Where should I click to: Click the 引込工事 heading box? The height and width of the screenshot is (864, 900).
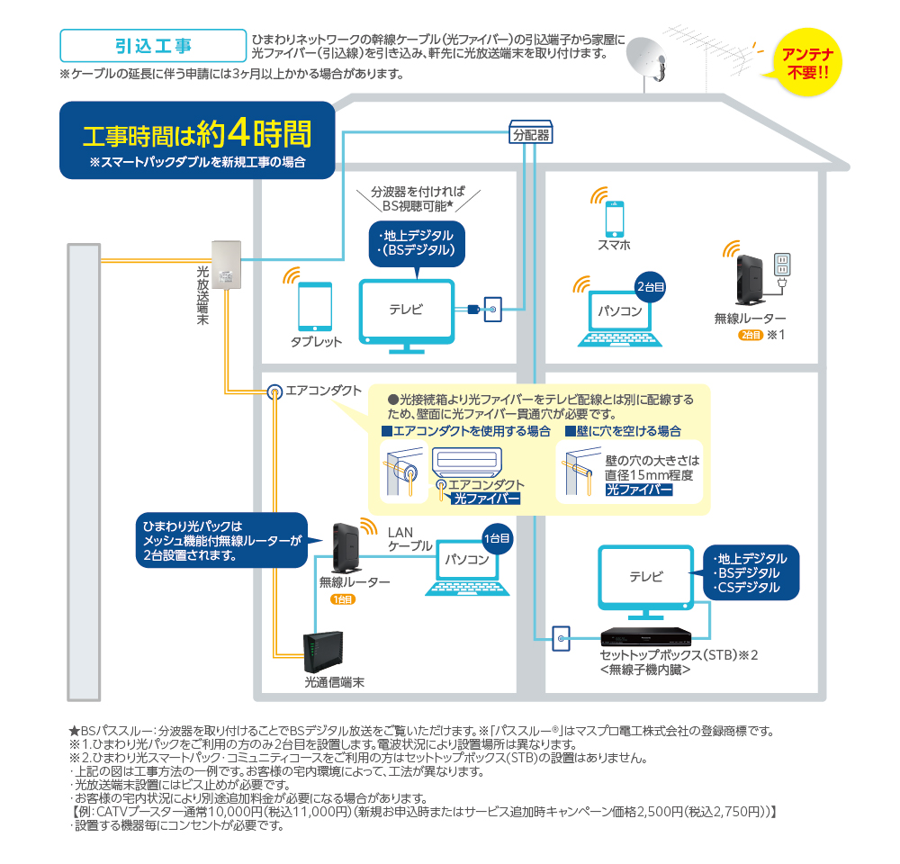(x=152, y=44)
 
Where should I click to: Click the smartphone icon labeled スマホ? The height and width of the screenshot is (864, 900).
(x=614, y=218)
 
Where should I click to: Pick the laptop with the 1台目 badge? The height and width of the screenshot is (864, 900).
(x=467, y=564)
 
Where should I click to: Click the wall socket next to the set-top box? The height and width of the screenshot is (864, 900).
(x=562, y=640)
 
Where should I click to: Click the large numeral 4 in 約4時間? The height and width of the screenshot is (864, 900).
(x=238, y=133)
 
